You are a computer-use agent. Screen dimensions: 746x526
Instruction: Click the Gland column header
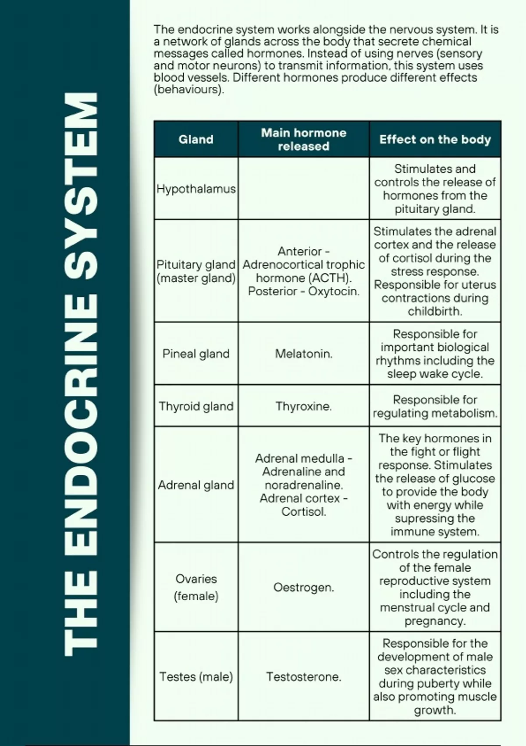tap(196, 140)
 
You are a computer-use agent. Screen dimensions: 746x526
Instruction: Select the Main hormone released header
tap(303, 140)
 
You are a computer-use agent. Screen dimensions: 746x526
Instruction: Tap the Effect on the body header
tap(435, 140)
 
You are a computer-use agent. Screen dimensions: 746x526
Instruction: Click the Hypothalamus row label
tap(196, 189)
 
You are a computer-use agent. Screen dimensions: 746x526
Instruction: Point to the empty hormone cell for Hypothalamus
tap(303, 188)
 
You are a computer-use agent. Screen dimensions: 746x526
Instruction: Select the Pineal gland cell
tap(196, 354)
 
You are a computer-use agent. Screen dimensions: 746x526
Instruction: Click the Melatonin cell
tap(303, 354)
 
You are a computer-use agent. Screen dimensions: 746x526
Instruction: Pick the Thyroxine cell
tap(303, 406)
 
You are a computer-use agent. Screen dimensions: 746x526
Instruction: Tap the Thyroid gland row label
tap(196, 406)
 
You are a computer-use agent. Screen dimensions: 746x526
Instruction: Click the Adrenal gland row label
tap(196, 485)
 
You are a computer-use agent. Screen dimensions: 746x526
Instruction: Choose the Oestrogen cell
tap(303, 587)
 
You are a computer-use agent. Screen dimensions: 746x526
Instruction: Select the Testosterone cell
tap(303, 677)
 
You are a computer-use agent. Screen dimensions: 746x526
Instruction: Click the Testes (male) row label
tap(196, 677)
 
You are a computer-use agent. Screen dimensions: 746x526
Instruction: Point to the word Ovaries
tap(196, 579)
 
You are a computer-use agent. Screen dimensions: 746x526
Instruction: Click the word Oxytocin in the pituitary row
tap(334, 291)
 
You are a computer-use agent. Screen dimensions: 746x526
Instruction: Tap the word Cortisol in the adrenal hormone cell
tap(303, 512)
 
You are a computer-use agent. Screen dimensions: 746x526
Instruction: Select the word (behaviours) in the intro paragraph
tap(188, 90)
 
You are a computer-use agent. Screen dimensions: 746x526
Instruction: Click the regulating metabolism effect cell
tap(435, 406)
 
